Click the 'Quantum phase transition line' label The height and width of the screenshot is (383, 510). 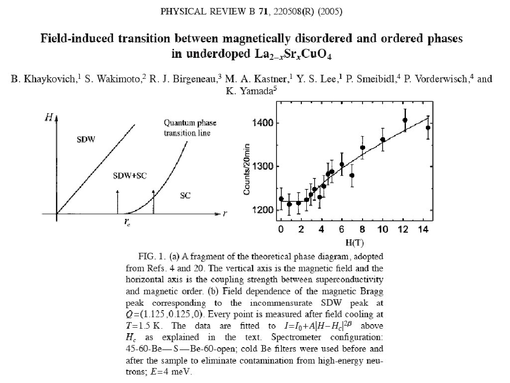187,128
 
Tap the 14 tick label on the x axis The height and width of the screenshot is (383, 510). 424,229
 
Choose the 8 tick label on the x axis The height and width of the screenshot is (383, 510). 363,229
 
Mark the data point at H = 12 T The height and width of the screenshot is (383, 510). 405,120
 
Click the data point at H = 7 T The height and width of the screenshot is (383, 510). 352,175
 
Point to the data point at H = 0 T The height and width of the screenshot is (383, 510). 281,199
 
